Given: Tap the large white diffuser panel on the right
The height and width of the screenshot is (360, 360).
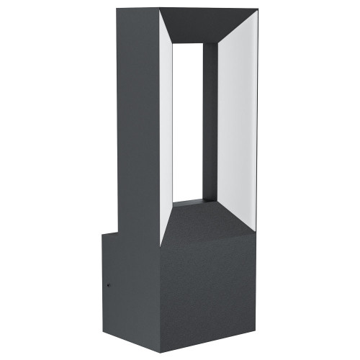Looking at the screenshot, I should (x=236, y=122).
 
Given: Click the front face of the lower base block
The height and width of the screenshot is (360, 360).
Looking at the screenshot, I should (x=209, y=288).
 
